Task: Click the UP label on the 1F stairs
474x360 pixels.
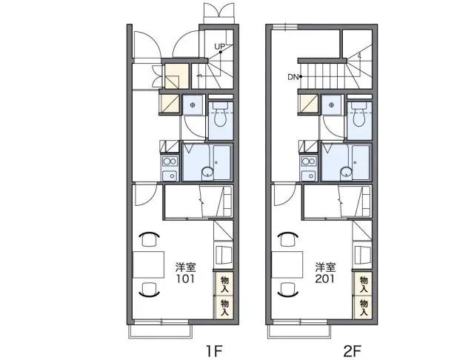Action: (220, 47)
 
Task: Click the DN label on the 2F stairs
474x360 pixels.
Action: (293, 77)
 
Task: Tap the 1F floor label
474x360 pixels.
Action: (214, 350)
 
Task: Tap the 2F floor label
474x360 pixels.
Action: (353, 350)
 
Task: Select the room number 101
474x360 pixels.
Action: (186, 279)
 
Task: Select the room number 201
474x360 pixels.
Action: (325, 279)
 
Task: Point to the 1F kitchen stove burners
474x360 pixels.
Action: (170, 161)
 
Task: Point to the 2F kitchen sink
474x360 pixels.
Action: (309, 176)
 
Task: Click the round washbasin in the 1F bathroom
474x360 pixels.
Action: (207, 173)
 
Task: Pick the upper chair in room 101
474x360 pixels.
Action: (150, 239)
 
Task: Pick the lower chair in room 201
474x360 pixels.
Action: (288, 290)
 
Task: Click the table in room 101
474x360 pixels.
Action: (148, 264)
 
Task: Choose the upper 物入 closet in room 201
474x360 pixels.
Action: (363, 284)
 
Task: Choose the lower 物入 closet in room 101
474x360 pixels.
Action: (224, 307)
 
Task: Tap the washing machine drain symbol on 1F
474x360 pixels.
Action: (193, 105)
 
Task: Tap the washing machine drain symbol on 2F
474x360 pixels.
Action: (332, 105)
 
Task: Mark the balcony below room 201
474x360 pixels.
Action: (299, 332)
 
